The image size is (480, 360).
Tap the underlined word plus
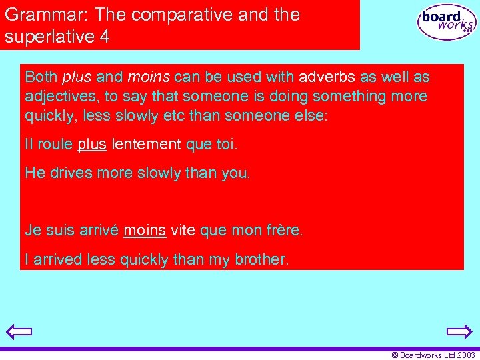(x=92, y=144)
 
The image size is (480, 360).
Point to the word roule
(x=55, y=144)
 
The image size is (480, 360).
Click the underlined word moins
(x=145, y=231)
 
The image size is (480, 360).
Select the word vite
(x=183, y=231)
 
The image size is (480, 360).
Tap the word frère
(x=285, y=231)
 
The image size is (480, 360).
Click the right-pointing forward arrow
(x=459, y=331)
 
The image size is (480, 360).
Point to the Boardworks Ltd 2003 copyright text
(x=433, y=355)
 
